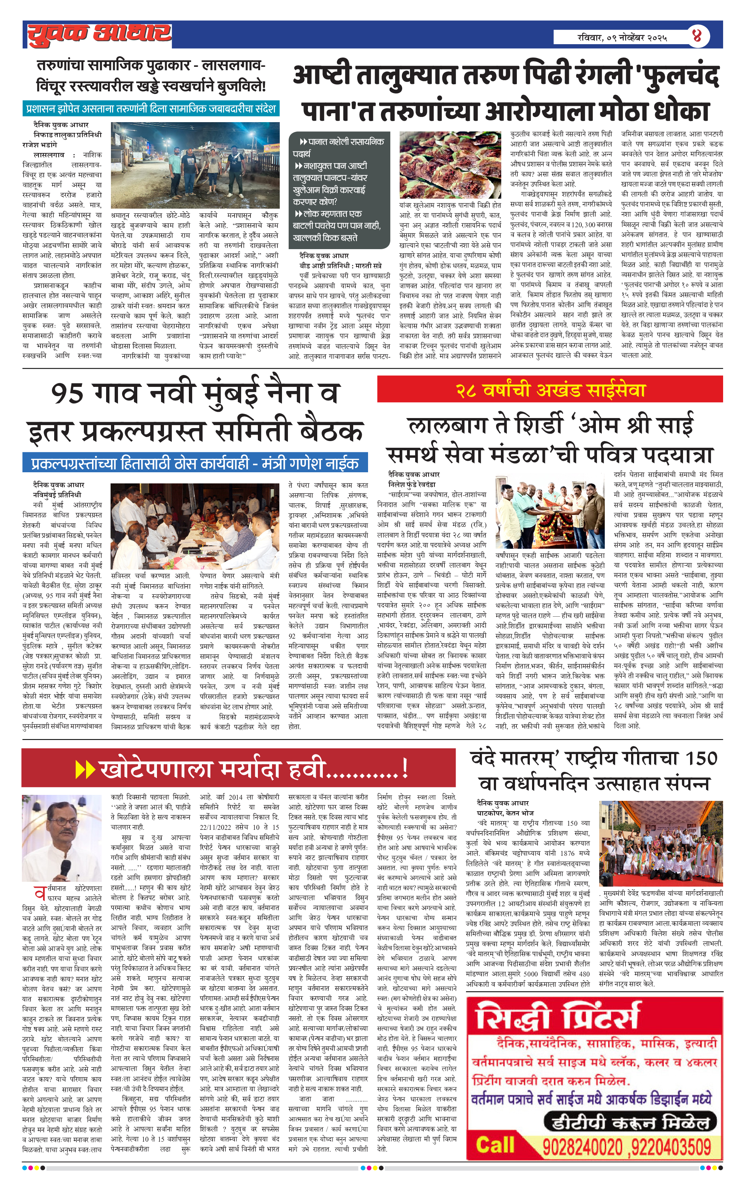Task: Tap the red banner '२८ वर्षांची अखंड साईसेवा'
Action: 550,390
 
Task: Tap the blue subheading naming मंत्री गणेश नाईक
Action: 195,463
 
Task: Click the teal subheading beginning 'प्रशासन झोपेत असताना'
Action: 151,109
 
